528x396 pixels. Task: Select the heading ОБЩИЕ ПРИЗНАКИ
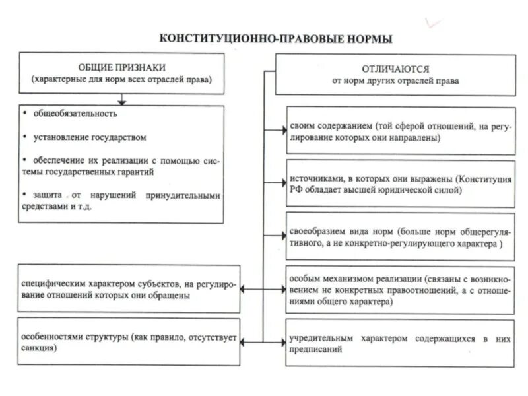coord(122,67)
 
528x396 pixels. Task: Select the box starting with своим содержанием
coord(401,131)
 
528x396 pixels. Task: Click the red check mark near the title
coord(434,24)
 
